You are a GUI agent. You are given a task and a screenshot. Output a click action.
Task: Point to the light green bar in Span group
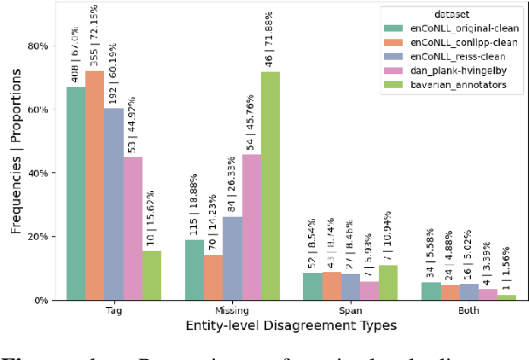389,282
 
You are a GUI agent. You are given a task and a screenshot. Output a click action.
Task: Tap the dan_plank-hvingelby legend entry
464,72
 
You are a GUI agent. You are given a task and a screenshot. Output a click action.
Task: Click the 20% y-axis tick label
37,236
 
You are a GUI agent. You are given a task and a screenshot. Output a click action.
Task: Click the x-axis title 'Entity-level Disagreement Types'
290,326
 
